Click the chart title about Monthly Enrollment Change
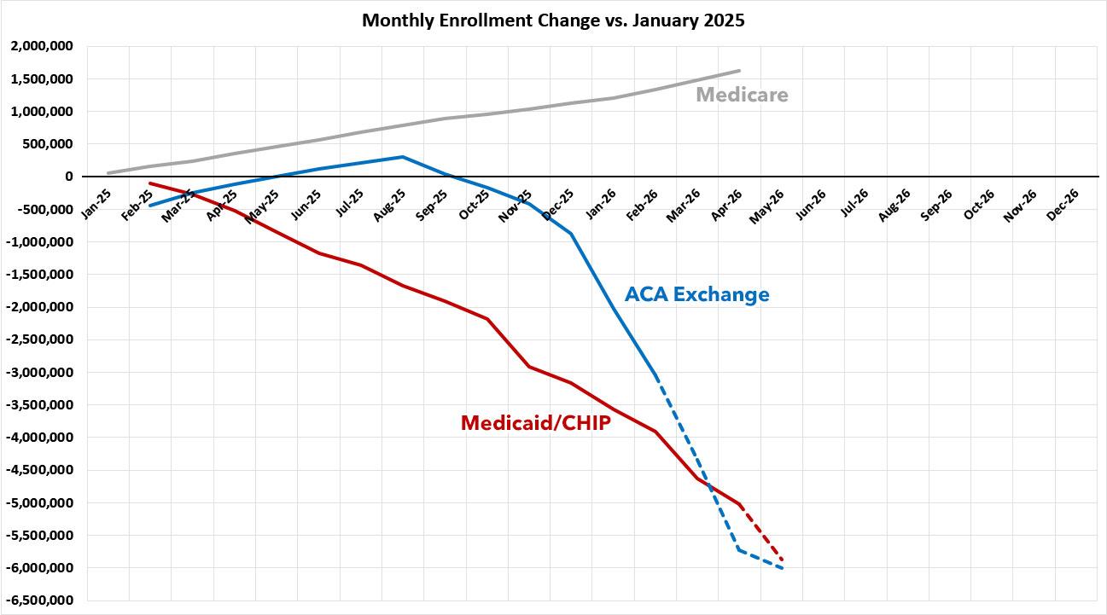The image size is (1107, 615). pos(553,20)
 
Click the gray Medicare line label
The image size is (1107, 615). pos(742,95)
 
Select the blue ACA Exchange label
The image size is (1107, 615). pos(696,294)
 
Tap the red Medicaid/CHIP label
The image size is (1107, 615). pos(536,423)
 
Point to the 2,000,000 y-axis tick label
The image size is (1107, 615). pos(42,46)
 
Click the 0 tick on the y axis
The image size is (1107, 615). pos(68,177)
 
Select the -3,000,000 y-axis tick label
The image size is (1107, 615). pos(39,372)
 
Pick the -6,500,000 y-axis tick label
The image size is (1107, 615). pos(39,600)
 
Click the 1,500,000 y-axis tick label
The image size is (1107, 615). pos(42,78)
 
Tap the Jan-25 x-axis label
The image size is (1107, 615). pos(96,204)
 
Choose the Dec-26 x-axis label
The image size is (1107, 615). pos(1063,205)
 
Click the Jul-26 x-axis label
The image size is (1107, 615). pos(854,203)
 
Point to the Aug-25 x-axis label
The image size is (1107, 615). pos(389,205)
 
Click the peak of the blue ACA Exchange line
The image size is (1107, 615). pos(403,157)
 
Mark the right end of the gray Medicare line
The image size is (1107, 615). pos(739,71)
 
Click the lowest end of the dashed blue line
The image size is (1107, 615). pos(783,569)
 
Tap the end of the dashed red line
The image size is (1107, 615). pos(783,560)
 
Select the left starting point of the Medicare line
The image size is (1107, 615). pos(108,173)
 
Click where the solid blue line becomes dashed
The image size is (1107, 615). pos(656,376)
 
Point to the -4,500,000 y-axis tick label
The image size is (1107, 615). pos(39,470)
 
